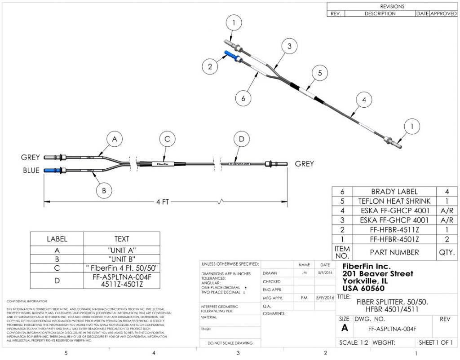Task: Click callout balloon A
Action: pos(115,140)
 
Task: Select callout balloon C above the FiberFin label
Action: pos(167,140)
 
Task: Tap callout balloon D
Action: pos(242,140)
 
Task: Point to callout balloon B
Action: pos(104,190)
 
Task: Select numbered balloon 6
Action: pos(243,98)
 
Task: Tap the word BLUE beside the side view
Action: pos(30,171)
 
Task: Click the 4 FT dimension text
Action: pos(162,202)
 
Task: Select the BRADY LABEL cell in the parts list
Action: pos(394,192)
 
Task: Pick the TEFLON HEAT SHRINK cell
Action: pos(394,201)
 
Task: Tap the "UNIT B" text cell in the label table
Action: pos(121,259)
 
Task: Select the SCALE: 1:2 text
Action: pos(354,343)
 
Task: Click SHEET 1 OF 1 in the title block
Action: pos(435,343)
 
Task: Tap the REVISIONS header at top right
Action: pos(392,6)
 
